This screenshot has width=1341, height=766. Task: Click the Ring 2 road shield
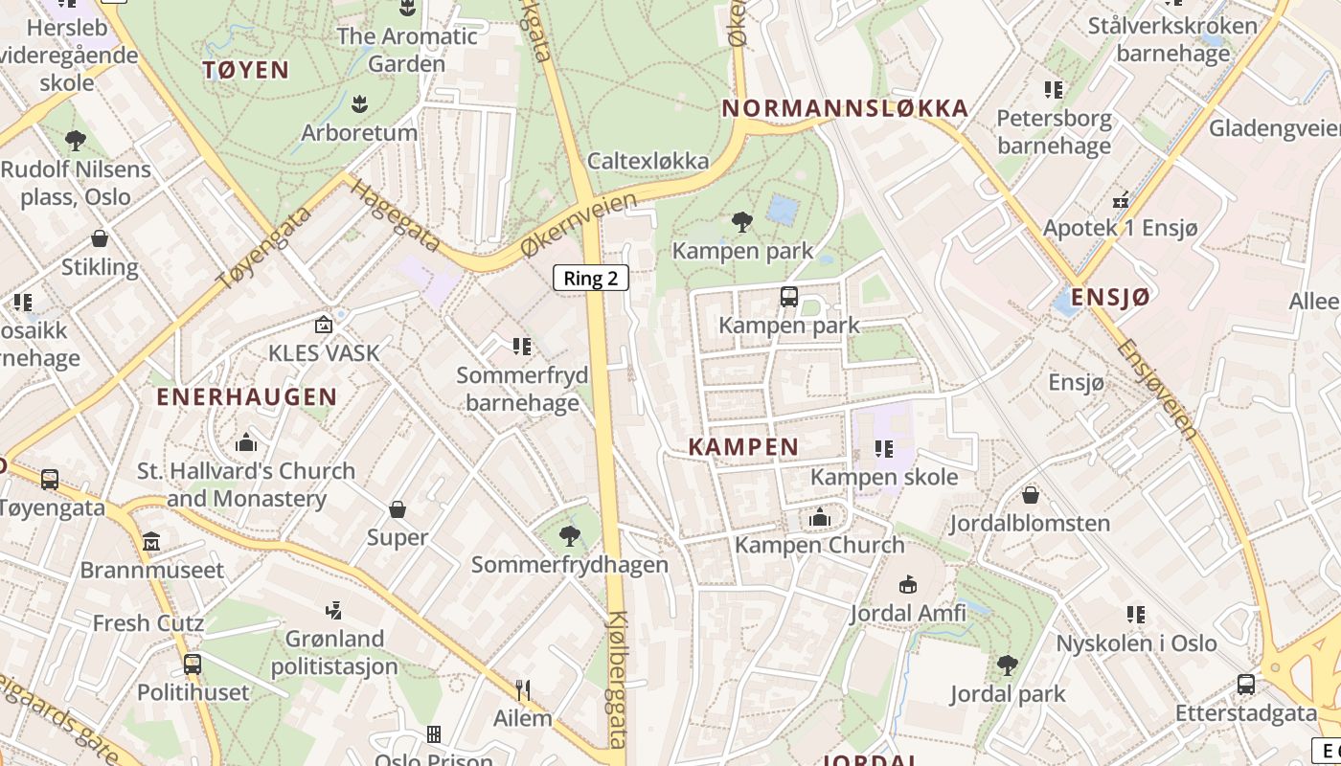pyautogui.click(x=591, y=279)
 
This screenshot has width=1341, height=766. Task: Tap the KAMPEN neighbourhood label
pyautogui.click(x=743, y=446)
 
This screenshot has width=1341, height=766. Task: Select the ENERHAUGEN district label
pyautogui.click(x=246, y=396)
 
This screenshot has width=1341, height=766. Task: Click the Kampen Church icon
pyautogui.click(x=819, y=518)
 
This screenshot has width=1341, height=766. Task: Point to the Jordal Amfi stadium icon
pyautogui.click(x=907, y=584)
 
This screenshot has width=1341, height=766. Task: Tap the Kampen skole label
pyautogui.click(x=883, y=477)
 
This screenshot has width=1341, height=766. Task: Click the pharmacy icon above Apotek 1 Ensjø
pyautogui.click(x=1120, y=201)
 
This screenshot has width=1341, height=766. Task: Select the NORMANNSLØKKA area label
pyautogui.click(x=845, y=108)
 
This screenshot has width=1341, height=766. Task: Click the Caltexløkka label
pyautogui.click(x=648, y=160)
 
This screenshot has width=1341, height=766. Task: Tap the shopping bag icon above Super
pyautogui.click(x=398, y=509)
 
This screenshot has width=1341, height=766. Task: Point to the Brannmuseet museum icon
pyautogui.click(x=151, y=543)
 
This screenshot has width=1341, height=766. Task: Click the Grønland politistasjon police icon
pyautogui.click(x=333, y=610)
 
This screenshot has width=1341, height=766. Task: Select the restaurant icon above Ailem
pyautogui.click(x=523, y=689)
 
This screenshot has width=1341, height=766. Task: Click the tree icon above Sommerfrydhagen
pyautogui.click(x=570, y=536)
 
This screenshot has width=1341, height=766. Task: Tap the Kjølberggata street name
pyautogui.click(x=619, y=680)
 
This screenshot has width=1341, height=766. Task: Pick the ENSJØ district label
pyautogui.click(x=1109, y=297)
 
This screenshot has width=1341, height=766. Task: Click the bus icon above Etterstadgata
pyautogui.click(x=1245, y=685)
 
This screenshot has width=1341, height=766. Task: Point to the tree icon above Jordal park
pyautogui.click(x=1007, y=665)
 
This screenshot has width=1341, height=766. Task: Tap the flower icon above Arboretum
pyautogui.click(x=360, y=103)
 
